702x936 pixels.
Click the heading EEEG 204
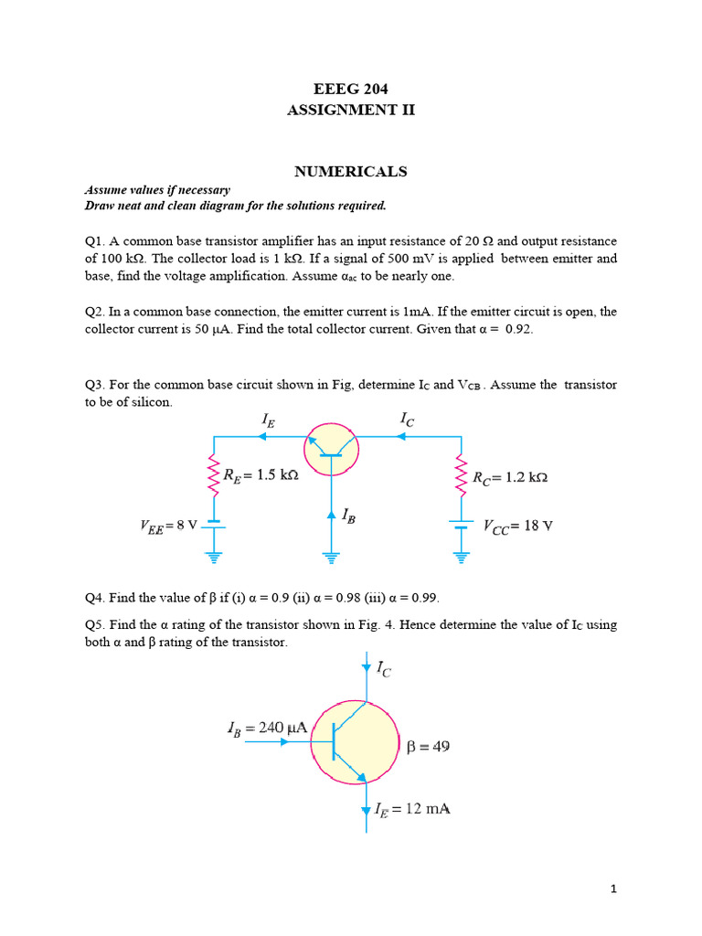point(350,89)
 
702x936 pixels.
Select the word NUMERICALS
point(350,172)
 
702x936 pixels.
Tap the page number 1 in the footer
point(614,888)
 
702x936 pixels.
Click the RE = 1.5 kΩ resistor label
point(261,474)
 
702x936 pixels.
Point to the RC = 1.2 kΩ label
point(510,477)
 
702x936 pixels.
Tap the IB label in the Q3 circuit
point(348,516)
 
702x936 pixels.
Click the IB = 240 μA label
point(266,729)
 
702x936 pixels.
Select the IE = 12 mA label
point(412,809)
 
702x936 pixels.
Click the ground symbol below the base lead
point(331,555)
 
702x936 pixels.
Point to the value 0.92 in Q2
point(516,329)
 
